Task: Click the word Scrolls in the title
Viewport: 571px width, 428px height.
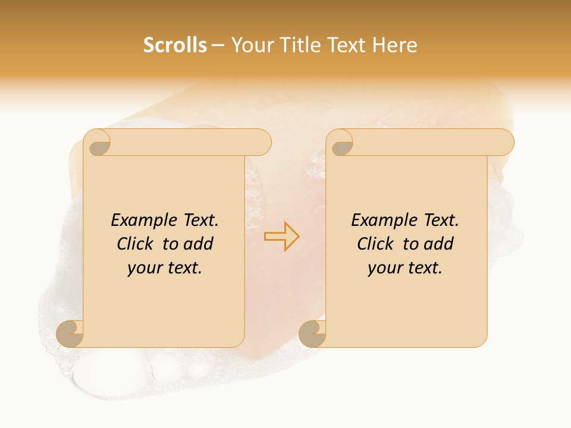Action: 175,45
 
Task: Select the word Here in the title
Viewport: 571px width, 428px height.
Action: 394,45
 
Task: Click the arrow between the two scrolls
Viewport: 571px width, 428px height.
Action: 282,236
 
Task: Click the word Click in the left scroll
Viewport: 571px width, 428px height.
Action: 136,244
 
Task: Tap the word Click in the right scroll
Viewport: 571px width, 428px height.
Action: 376,244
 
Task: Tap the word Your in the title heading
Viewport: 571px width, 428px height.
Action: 252,45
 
